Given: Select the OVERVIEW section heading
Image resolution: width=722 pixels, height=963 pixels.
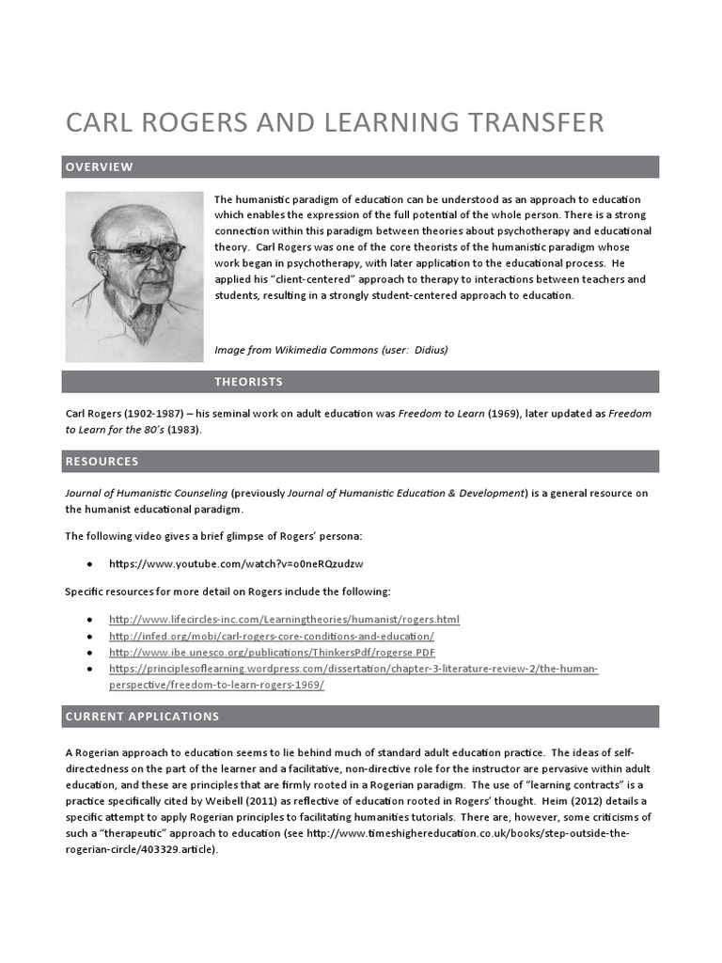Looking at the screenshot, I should click(99, 167).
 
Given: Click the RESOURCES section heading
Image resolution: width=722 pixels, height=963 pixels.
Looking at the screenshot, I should click(102, 462).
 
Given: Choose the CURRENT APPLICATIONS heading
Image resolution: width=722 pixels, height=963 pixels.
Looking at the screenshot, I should click(142, 717).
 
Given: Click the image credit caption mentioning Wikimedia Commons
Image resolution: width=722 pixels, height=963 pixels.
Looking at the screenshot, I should click(331, 350).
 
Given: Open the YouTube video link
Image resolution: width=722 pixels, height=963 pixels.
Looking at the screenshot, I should click(236, 564).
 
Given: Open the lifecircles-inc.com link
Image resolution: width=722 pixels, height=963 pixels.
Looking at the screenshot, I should click(284, 620).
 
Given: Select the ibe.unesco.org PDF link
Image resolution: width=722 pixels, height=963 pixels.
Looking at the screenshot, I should click(272, 653).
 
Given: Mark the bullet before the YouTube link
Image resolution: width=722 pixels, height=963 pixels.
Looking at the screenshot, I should click(89, 564).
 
